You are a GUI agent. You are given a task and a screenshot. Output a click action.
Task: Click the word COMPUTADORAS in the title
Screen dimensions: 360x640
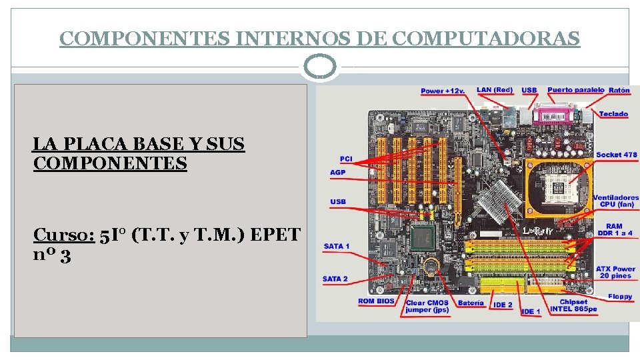[486, 39]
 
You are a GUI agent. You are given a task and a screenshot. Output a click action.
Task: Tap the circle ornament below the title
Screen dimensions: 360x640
[320, 67]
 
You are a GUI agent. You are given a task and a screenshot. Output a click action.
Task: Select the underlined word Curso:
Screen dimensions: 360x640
[63, 235]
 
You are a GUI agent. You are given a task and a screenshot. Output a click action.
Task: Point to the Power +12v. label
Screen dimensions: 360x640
[443, 91]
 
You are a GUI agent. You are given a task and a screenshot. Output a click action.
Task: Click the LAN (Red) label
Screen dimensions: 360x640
[495, 90]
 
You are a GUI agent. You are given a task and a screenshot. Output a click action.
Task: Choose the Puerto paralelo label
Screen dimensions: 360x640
[575, 90]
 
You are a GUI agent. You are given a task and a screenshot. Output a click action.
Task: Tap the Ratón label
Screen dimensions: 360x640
[619, 90]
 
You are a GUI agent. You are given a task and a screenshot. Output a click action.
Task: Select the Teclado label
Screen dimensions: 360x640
[613, 114]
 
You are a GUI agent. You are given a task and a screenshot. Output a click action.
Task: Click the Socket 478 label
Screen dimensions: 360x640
[616, 155]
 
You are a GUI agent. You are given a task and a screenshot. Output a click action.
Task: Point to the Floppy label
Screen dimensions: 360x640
[620, 297]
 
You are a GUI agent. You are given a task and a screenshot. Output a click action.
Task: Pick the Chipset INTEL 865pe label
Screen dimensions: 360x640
[573, 305]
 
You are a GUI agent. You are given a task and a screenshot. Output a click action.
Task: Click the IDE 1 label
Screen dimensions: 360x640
[531, 311]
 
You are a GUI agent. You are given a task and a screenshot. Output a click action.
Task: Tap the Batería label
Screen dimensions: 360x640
[471, 303]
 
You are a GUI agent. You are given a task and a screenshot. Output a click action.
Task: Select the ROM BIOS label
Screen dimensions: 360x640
[376, 301]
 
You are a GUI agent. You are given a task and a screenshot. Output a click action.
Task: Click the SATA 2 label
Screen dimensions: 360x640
[335, 279]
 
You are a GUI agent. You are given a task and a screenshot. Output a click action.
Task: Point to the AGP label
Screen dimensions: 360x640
[338, 172]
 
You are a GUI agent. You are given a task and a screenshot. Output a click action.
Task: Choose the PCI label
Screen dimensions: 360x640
[346, 159]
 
